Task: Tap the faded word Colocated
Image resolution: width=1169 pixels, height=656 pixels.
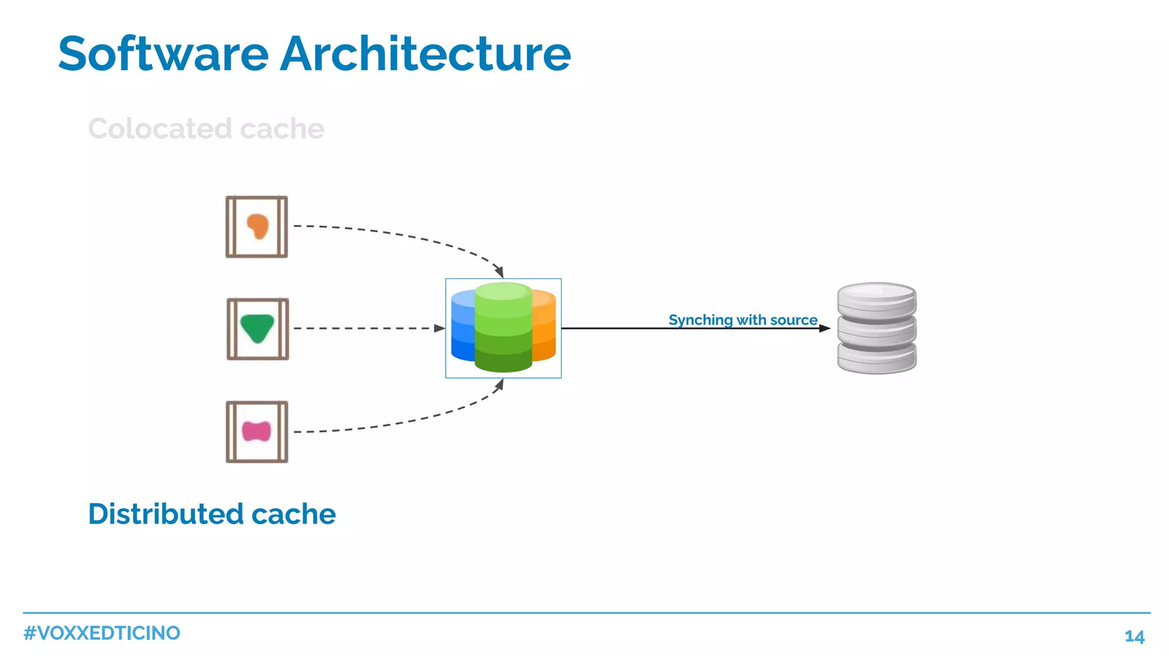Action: click(160, 128)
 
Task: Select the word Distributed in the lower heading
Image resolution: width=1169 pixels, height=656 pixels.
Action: click(165, 514)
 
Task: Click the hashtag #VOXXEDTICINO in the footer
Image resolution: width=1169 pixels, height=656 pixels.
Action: click(102, 633)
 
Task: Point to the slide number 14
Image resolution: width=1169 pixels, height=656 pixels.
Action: click(1134, 637)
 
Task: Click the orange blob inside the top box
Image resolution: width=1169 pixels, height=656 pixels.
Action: click(258, 226)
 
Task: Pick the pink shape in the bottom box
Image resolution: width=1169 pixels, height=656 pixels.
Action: click(256, 431)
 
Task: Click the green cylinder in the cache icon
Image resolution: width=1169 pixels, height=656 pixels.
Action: click(503, 328)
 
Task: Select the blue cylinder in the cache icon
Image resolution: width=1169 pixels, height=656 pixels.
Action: click(462, 328)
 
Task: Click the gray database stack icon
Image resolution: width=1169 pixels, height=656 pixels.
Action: click(876, 328)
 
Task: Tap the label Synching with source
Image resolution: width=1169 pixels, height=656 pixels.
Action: click(743, 320)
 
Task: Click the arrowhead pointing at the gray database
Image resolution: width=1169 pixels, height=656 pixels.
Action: click(824, 328)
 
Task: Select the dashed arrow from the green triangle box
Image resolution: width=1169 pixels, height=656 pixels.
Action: click(365, 328)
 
